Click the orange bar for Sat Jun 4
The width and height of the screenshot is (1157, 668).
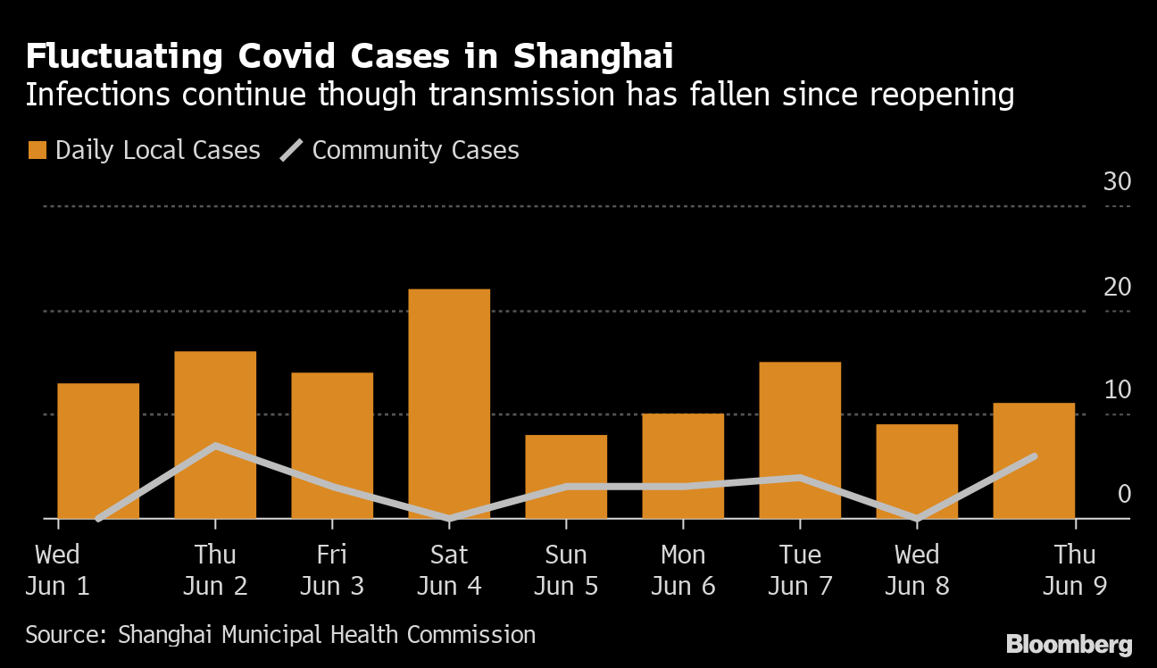(x=449, y=403)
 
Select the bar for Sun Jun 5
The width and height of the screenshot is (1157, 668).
(x=566, y=476)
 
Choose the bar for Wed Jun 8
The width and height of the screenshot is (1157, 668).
(x=917, y=471)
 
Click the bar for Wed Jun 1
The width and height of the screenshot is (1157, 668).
(x=98, y=450)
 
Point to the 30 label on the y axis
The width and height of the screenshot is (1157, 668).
(x=1117, y=181)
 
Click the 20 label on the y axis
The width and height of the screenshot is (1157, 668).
(x=1117, y=287)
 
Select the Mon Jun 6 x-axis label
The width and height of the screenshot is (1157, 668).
(x=683, y=570)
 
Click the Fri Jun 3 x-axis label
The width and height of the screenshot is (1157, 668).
(x=332, y=570)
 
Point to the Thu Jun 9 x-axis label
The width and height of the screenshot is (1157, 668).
(x=1074, y=570)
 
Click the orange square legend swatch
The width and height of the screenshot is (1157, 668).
(x=37, y=150)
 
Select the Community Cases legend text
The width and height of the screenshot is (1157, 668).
(x=415, y=150)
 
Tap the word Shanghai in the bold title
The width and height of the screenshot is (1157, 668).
(x=593, y=56)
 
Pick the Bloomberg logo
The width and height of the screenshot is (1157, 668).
(x=1069, y=644)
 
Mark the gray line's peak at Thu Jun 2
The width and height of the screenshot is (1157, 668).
(x=215, y=445)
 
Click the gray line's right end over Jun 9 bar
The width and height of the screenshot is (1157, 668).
(x=1034, y=456)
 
